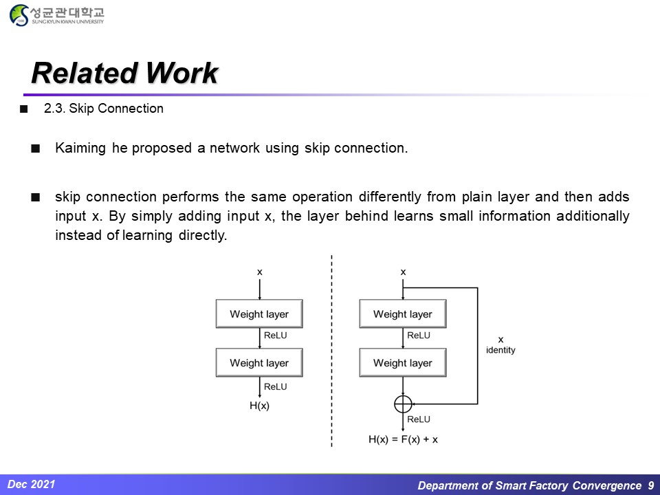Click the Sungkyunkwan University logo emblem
[x=20, y=15]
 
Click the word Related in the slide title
[x=78, y=73]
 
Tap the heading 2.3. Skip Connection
[x=103, y=109]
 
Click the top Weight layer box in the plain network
[x=259, y=314]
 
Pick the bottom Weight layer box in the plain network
[x=259, y=363]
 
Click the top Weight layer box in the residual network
[x=403, y=314]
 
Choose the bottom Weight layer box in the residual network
[x=403, y=363]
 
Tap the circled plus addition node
[x=403, y=404]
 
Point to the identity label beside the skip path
[x=500, y=350]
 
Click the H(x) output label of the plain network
[x=259, y=406]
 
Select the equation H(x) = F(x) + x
[x=403, y=439]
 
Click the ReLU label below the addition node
[x=419, y=419]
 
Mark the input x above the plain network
[x=259, y=272]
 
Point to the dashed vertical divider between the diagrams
[x=331, y=351]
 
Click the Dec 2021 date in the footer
[x=32, y=484]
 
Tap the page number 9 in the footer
[x=650, y=485]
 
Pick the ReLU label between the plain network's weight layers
[x=276, y=335]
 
